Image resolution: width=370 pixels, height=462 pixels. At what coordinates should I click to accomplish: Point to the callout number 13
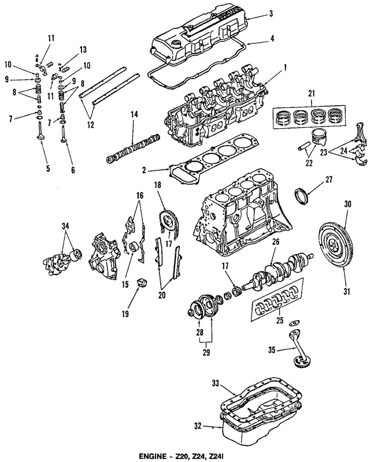[83, 49]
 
